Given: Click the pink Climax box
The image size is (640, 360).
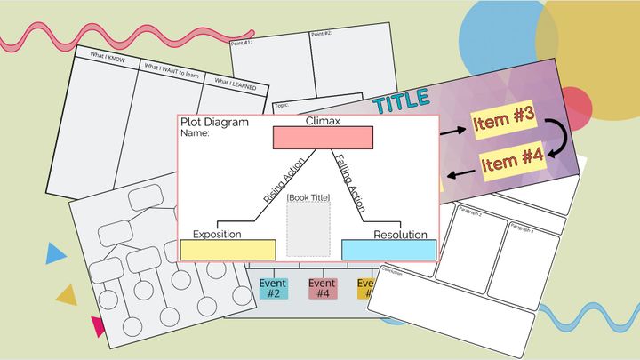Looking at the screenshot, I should pyautogui.click(x=322, y=138).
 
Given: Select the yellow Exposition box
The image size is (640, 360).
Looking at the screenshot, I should pyautogui.click(x=228, y=250).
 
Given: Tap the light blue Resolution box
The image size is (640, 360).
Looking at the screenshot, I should pyautogui.click(x=388, y=250).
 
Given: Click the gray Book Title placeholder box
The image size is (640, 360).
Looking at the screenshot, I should pyautogui.click(x=308, y=229).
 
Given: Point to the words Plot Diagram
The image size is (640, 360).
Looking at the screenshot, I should pyautogui.click(x=214, y=123).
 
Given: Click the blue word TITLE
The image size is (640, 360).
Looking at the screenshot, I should pyautogui.click(x=402, y=102).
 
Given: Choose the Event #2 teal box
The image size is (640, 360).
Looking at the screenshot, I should pyautogui.click(x=273, y=288).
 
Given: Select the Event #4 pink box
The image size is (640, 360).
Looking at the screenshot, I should pyautogui.click(x=322, y=288).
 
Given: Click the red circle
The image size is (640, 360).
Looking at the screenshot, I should pyautogui.click(x=576, y=107).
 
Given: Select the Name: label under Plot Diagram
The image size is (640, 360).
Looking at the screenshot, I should pyautogui.click(x=195, y=133).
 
